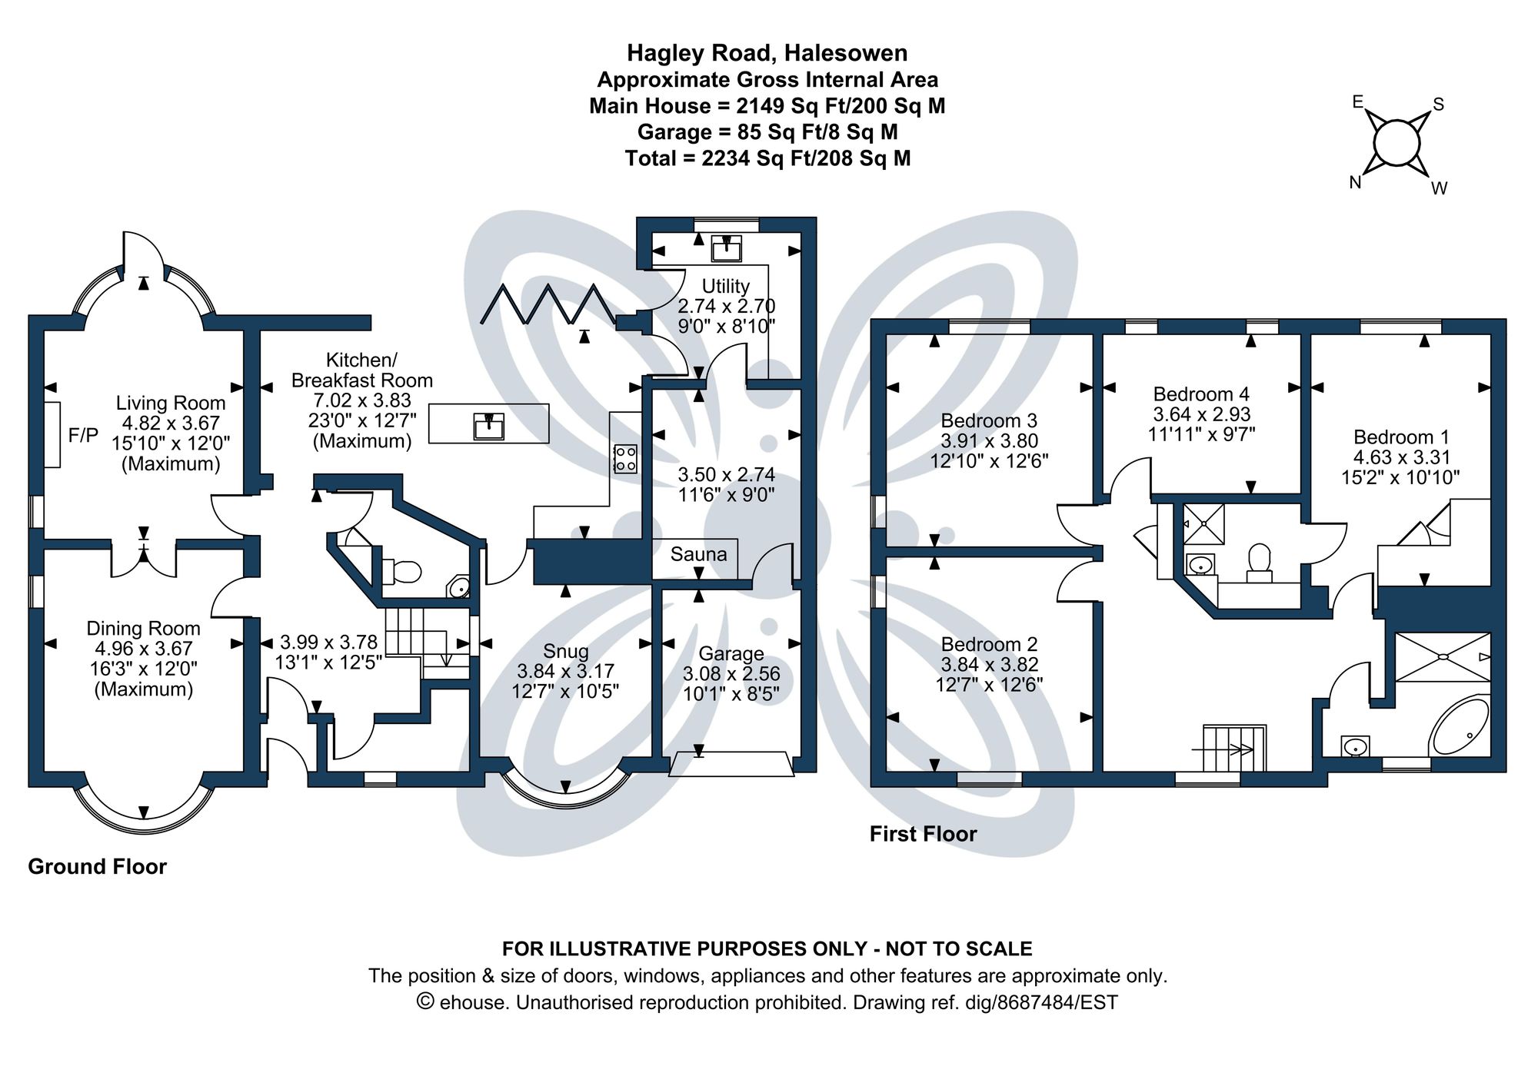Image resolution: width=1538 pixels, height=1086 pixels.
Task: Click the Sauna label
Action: [697, 554]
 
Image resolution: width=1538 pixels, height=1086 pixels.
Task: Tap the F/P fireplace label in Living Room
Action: [83, 436]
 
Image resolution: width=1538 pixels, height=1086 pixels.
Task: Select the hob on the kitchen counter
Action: [625, 459]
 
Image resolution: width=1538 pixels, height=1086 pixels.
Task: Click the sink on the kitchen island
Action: [488, 424]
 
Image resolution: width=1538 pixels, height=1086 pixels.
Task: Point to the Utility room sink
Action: [726, 248]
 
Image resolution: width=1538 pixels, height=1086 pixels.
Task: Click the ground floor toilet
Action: [403, 572]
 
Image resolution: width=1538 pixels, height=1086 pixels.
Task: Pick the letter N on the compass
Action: [1355, 182]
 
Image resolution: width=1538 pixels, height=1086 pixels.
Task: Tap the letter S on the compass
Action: [1438, 105]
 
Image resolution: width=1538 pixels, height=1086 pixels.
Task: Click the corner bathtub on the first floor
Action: [1460, 726]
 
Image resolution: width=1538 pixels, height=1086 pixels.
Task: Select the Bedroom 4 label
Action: [1201, 394]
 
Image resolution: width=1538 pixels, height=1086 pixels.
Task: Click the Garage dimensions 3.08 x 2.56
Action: [731, 674]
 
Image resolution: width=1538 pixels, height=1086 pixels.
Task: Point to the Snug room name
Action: [565, 651]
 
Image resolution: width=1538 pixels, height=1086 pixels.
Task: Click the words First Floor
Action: [923, 834]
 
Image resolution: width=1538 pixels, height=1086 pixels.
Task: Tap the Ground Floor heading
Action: [97, 866]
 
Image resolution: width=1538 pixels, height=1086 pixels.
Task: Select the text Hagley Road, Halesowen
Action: [767, 52]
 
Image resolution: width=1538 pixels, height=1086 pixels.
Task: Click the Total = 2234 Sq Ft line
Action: [767, 158]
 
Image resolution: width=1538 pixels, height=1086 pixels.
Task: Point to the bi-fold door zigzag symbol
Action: [548, 304]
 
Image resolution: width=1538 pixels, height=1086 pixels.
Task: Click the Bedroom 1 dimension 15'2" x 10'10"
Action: [1400, 477]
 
